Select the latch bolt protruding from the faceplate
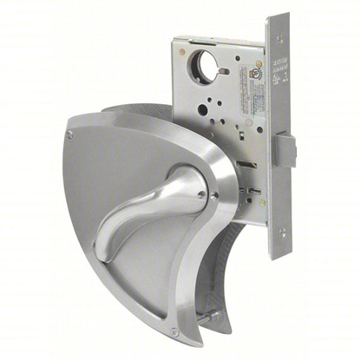point(286,151)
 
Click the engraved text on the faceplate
point(280,66)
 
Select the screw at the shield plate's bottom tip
point(175,331)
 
